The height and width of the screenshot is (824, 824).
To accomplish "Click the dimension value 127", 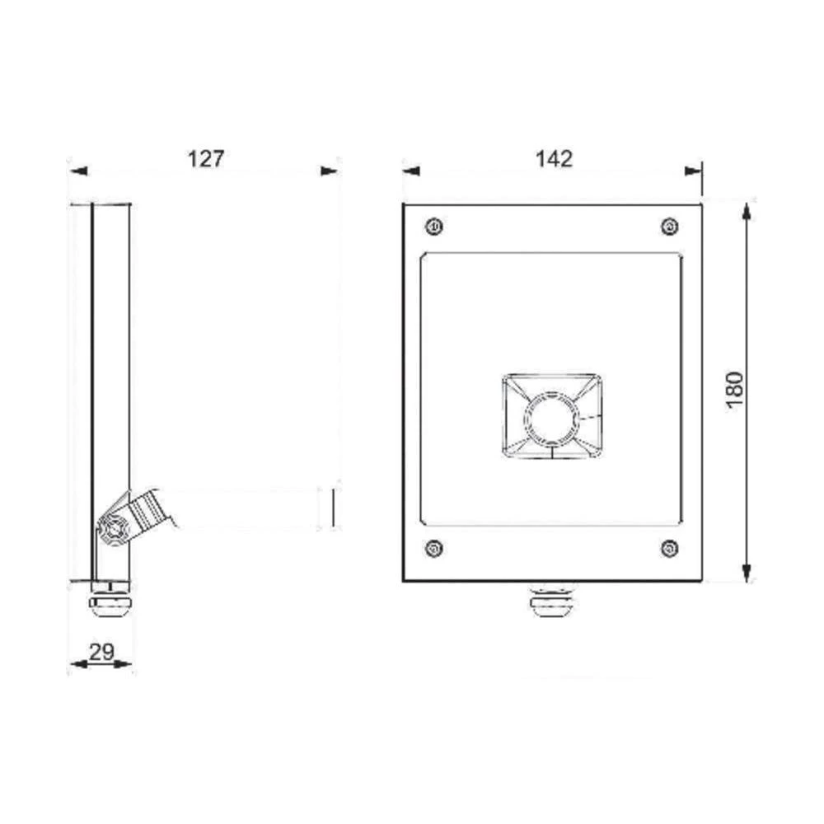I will click(x=205, y=158).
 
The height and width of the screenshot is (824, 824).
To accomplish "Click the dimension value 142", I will click(x=555, y=158).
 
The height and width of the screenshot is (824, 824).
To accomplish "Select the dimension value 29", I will click(x=101, y=652).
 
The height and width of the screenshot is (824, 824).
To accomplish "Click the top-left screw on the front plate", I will click(x=434, y=226).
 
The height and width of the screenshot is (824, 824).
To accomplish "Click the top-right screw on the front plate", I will click(x=670, y=226).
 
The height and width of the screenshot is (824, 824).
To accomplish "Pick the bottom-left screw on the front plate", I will click(x=434, y=547).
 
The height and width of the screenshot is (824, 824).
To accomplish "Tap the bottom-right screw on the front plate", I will click(x=670, y=547).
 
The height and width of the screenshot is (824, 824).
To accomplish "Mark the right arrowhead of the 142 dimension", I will click(x=694, y=171).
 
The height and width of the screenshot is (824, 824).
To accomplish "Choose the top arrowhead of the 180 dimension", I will click(x=747, y=209).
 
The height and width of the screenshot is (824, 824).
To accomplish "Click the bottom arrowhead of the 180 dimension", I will click(x=747, y=573).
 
